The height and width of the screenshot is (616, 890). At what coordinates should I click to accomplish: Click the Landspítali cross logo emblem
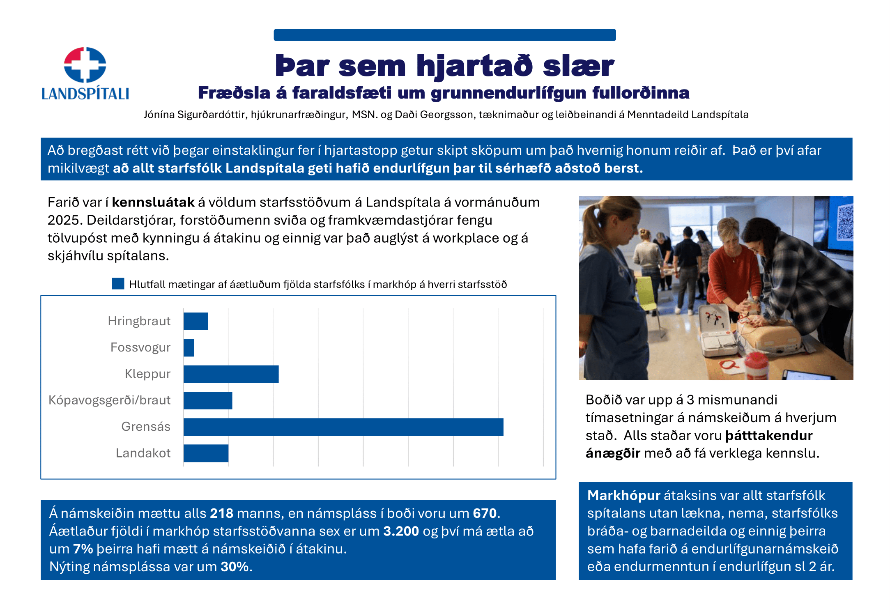(85, 65)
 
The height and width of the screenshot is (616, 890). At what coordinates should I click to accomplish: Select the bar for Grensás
(343, 427)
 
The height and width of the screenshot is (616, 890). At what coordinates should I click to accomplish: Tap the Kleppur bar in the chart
(231, 374)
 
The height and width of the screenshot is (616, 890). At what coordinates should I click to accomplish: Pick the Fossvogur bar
(189, 348)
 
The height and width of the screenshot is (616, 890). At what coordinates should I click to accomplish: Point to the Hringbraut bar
(195, 321)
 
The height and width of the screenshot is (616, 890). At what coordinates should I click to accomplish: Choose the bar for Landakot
(206, 453)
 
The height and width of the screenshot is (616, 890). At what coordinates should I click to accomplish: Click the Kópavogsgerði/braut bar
(208, 400)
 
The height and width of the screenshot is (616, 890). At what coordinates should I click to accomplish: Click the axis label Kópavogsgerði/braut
(109, 400)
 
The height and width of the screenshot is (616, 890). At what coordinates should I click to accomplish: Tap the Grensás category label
(145, 427)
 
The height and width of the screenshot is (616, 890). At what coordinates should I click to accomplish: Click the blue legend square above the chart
(118, 284)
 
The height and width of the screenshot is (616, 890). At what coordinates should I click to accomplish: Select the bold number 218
(221, 513)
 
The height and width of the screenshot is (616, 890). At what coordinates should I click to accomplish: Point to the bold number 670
(485, 513)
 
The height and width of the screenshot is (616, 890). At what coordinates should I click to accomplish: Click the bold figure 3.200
(401, 531)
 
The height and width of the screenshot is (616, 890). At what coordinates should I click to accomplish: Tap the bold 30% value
(235, 567)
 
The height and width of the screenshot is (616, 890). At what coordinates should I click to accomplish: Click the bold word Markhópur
(623, 496)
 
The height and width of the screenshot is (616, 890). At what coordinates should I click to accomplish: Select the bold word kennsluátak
(153, 202)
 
